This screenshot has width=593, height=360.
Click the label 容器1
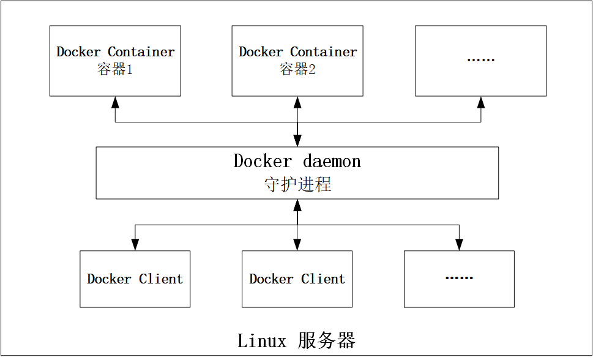(115, 69)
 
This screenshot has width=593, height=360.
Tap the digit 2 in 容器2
(312, 69)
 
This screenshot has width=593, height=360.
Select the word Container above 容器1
(141, 52)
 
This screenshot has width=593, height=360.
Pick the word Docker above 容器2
(261, 52)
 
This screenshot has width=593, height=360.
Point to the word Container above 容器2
(324, 52)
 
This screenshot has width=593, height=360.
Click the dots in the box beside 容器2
(480, 60)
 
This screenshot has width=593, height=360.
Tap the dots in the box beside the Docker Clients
(459, 278)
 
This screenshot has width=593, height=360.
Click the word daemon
(332, 162)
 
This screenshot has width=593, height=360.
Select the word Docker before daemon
(263, 162)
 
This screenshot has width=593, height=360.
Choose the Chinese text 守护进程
(297, 184)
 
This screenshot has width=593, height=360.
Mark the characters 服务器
(327, 340)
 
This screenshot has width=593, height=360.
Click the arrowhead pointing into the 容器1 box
(115, 102)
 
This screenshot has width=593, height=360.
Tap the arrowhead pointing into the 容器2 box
(297, 102)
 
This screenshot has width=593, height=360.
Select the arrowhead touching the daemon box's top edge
(297, 141)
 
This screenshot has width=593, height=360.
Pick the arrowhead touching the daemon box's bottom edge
(297, 204)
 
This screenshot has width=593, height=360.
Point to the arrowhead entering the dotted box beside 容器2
(481, 102)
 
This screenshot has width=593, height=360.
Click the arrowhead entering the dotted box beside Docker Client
(459, 245)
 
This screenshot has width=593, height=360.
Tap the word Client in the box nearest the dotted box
(323, 279)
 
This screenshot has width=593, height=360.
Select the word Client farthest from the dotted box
(161, 279)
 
